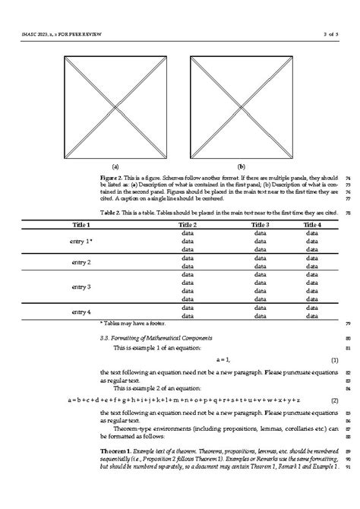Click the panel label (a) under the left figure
(x=115, y=166)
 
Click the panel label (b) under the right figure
(x=241, y=166)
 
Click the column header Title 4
(x=312, y=225)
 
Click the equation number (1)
(x=334, y=359)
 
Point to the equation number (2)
(x=334, y=400)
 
